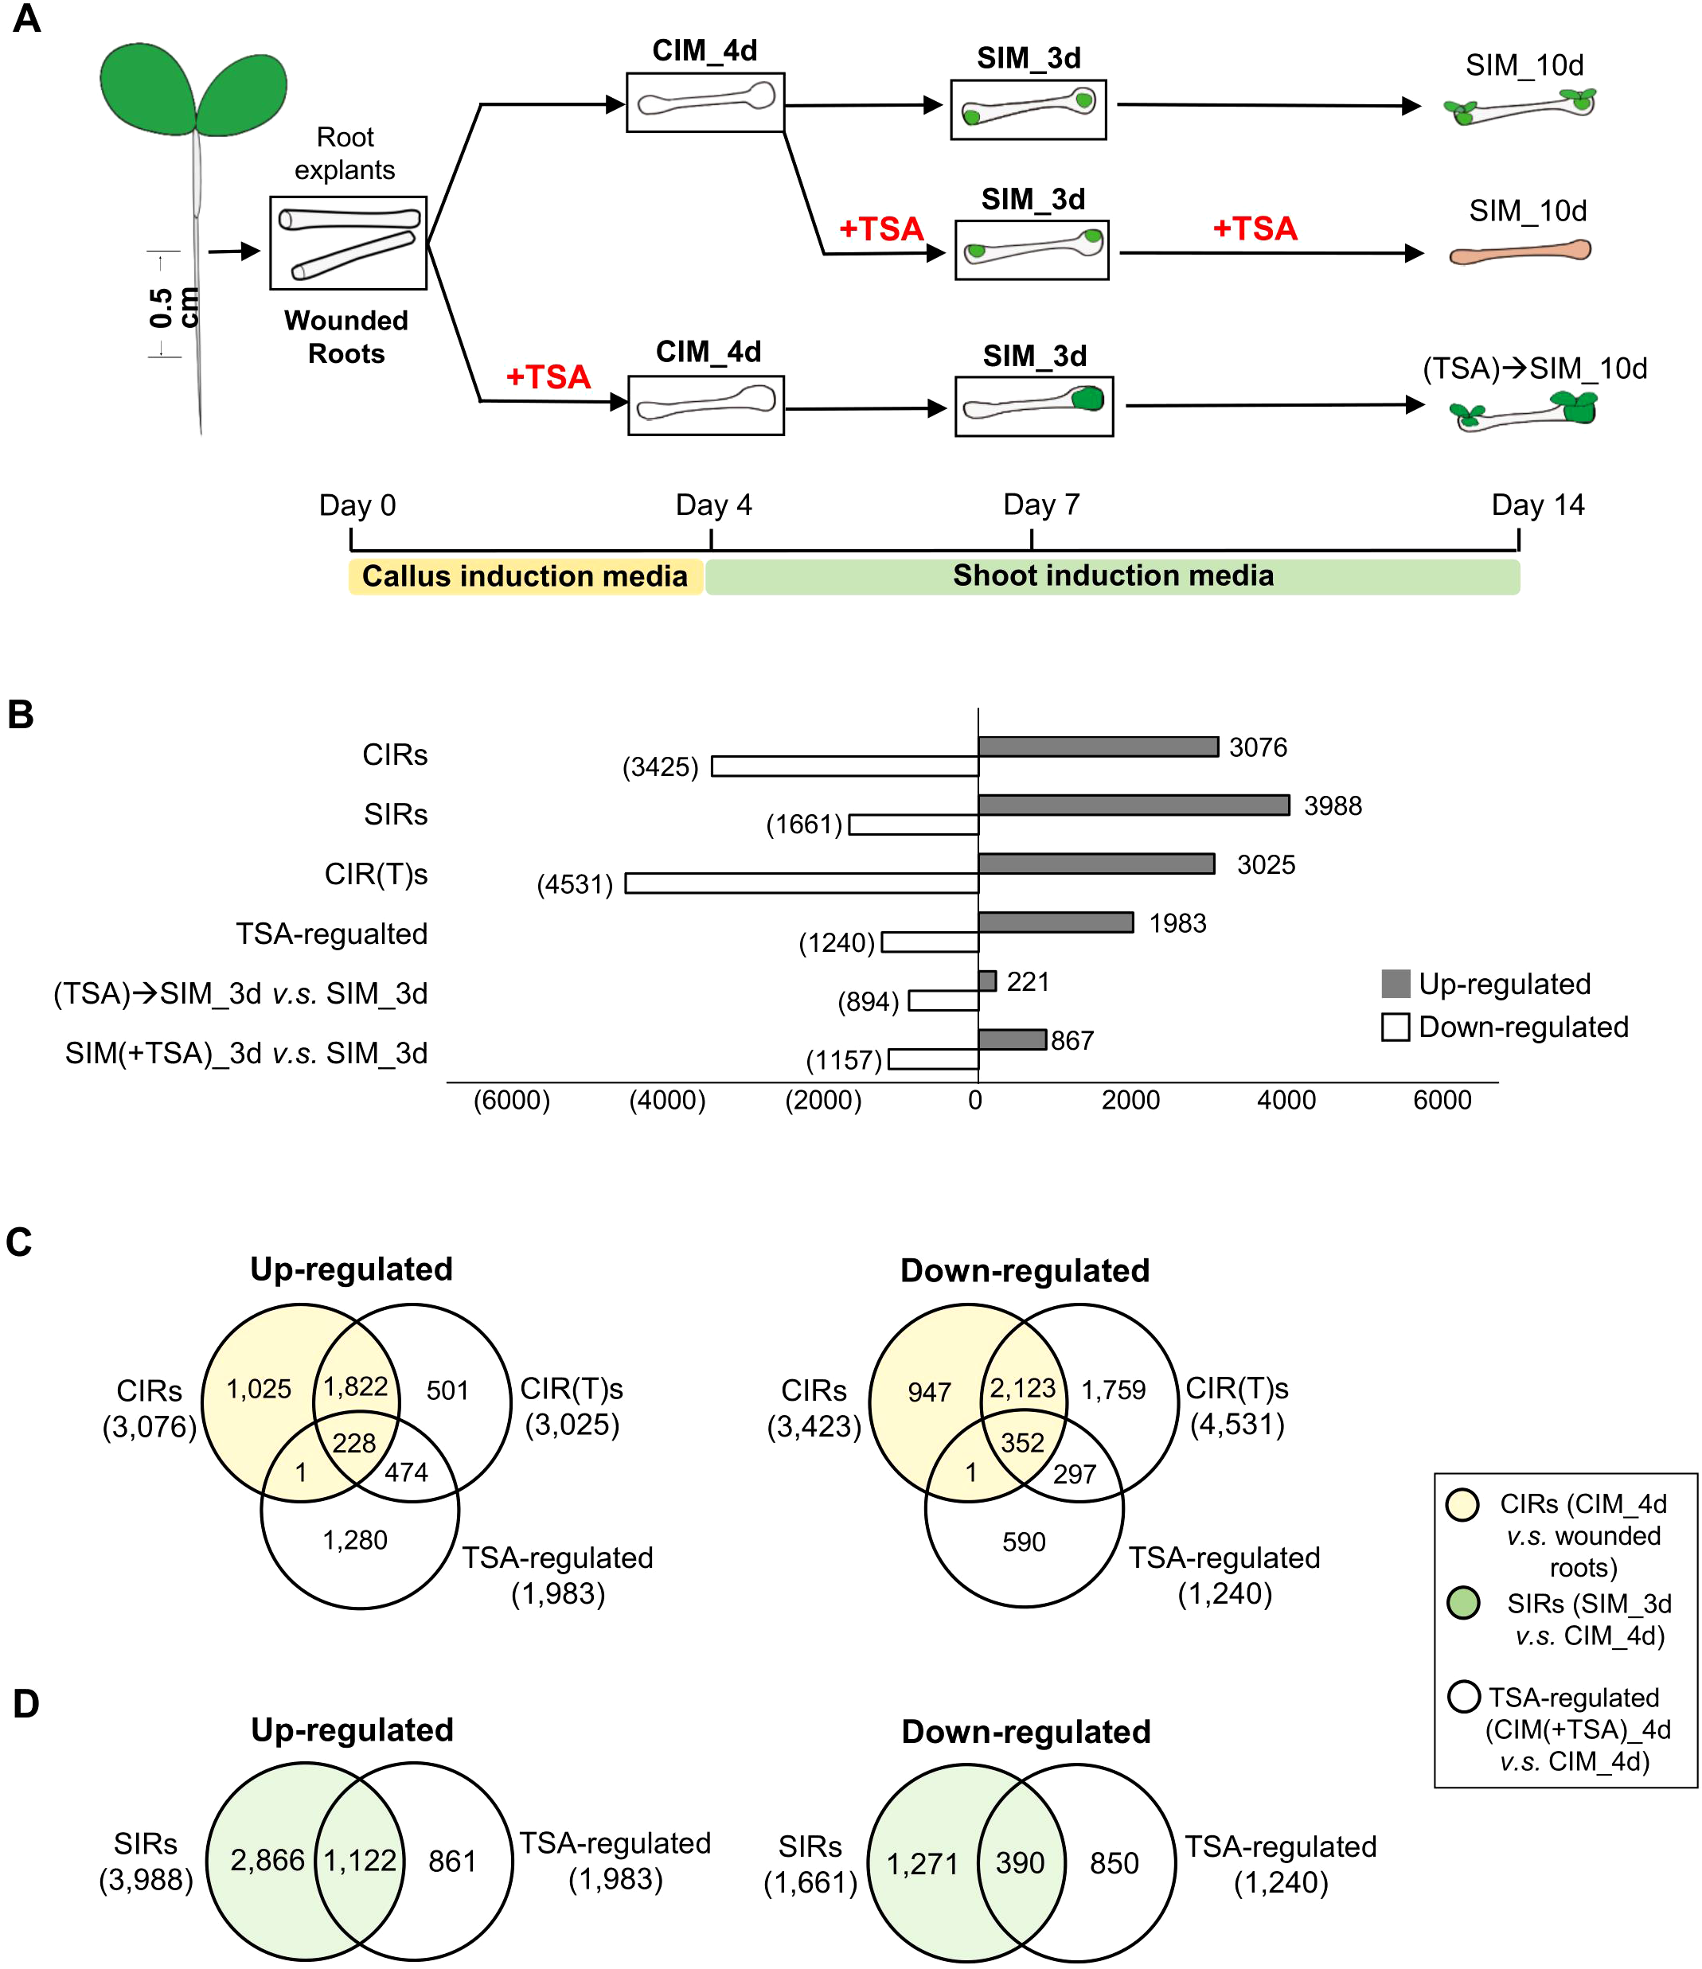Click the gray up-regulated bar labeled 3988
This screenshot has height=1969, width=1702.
(x=1133, y=805)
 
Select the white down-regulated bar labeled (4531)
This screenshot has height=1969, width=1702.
(x=801, y=883)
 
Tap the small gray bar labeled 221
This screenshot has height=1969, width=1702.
(x=986, y=981)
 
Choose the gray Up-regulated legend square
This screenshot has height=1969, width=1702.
(x=1395, y=984)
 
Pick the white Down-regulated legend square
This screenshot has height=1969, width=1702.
(x=1395, y=1027)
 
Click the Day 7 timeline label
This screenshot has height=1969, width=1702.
(x=1040, y=505)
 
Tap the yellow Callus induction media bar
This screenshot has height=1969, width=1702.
(x=525, y=576)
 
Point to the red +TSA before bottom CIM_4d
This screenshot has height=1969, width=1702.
(x=548, y=377)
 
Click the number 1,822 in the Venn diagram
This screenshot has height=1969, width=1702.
(x=355, y=1386)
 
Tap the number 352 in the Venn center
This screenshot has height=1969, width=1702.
(x=1021, y=1443)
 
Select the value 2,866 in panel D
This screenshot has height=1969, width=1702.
(x=267, y=1860)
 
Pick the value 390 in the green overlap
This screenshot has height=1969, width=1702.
(x=1020, y=1862)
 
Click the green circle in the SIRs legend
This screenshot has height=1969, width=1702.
(x=1462, y=1603)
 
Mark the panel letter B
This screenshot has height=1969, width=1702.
(x=21, y=715)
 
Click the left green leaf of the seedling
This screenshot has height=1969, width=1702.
(x=147, y=88)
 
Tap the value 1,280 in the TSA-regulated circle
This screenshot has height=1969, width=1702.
(x=354, y=1539)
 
